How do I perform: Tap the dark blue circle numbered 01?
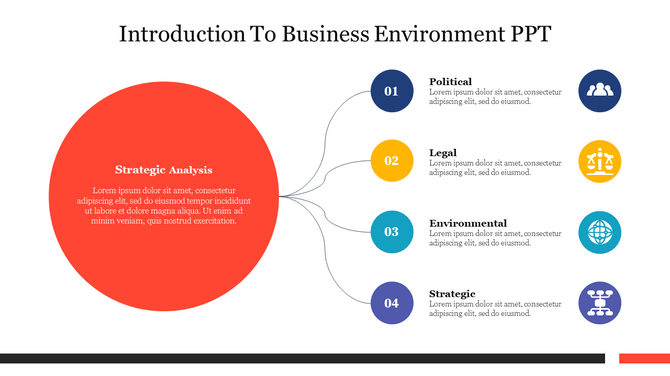pos(391,91)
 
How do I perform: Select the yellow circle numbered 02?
pos(391,161)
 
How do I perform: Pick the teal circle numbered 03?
pos(391,232)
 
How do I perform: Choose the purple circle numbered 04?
pos(391,303)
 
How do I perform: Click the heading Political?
pos(450,81)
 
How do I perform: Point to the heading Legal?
pos(443,152)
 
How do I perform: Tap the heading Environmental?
pos(467,223)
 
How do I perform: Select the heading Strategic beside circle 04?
pos(452,293)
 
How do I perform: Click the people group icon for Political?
pos(600,91)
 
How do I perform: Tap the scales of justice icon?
pos(600,161)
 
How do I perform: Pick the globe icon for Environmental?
pos(600,232)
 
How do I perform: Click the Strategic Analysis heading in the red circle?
pos(163,170)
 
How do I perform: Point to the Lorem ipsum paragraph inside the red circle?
pos(163,205)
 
